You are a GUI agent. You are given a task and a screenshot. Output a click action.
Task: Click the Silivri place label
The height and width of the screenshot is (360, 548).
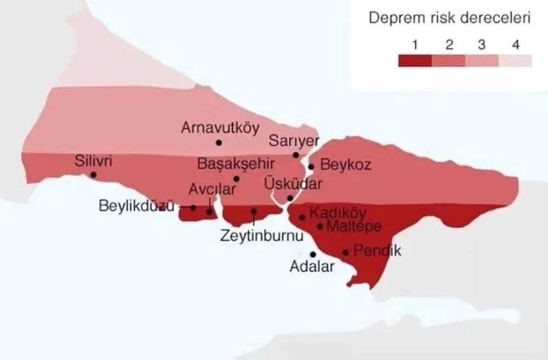point(93,162)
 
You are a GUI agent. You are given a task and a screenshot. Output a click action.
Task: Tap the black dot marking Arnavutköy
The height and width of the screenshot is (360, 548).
point(219,142)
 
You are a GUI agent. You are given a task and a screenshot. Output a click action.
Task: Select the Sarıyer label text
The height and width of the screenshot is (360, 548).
point(294,141)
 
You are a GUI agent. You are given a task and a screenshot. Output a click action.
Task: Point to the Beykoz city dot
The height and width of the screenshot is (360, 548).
point(311,167)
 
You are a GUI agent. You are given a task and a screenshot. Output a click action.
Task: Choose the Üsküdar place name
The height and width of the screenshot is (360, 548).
point(293,183)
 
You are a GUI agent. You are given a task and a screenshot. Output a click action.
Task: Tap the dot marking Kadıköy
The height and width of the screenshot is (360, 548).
point(302,218)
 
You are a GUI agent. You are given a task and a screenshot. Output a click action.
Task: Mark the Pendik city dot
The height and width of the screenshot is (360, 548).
point(346,253)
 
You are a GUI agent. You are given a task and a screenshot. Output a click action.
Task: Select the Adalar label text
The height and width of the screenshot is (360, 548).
point(311,267)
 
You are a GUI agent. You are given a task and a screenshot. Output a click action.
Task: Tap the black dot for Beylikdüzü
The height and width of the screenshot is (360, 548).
point(193,208)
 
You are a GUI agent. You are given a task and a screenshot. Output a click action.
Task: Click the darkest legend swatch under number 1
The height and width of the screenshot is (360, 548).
point(415,60)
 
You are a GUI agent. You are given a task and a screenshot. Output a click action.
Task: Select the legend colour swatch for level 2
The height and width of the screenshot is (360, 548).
point(448,60)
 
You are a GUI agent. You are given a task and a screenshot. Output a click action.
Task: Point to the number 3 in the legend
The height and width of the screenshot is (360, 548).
point(482,45)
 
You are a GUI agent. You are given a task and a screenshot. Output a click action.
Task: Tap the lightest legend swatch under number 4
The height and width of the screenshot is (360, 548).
point(515,60)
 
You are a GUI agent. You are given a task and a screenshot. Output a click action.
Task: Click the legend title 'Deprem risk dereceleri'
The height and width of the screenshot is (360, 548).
point(449,18)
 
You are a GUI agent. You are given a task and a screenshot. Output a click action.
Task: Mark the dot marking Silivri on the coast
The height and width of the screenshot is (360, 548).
point(93,175)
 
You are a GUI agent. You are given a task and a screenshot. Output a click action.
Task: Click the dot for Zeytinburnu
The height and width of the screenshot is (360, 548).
point(254,211)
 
